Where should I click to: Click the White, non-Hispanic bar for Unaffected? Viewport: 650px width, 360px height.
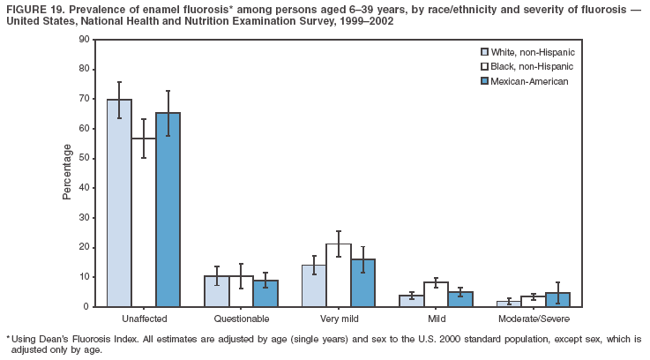pos(119,203)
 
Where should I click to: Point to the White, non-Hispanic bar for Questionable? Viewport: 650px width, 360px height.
pos(217,291)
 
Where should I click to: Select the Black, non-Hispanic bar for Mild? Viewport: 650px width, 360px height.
pos(436,295)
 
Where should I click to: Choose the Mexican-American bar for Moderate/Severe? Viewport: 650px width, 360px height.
pos(557,299)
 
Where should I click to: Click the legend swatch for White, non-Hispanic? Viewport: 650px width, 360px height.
pos(484,52)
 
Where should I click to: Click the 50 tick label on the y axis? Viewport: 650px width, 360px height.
pos(84,158)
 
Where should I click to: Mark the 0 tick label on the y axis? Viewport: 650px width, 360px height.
pos(86,306)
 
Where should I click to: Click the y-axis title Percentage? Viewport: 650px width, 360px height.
pos(67,172)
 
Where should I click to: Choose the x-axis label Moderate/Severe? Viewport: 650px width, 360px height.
pos(533,318)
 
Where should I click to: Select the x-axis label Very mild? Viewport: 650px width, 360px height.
pos(338,318)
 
